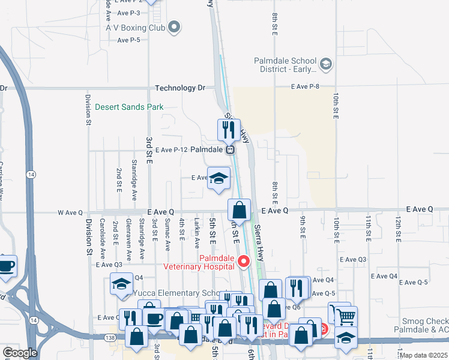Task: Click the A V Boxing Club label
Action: (x=135, y=28)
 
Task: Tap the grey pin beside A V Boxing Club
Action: (x=175, y=27)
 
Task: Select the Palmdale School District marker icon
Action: (x=326, y=64)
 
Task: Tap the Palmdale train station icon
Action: (x=230, y=150)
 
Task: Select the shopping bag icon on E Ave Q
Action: (x=239, y=210)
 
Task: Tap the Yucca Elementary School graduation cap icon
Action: (x=121, y=283)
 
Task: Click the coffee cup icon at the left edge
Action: (x=6, y=266)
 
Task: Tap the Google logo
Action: (x=20, y=353)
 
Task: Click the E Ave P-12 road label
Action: (x=172, y=150)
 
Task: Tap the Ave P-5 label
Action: (x=129, y=40)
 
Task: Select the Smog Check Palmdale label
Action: (x=420, y=325)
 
